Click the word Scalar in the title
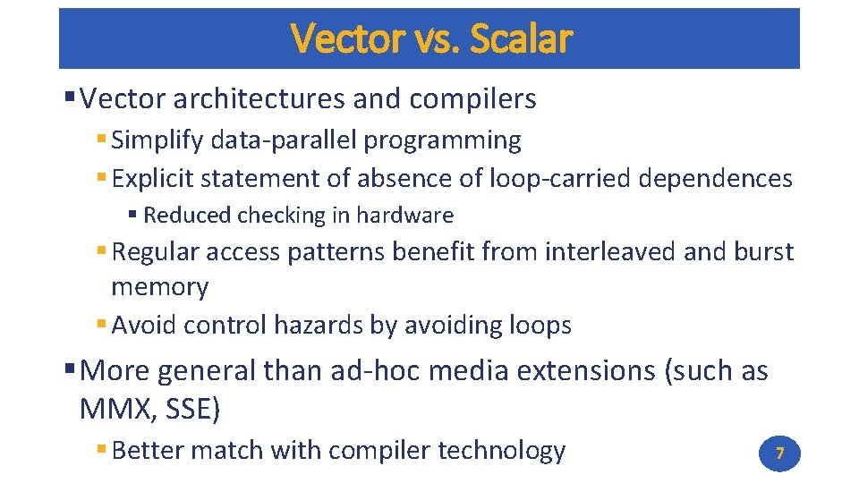coord(520,38)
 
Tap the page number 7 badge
coord(779,454)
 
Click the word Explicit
coord(152,179)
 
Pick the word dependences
coord(716,179)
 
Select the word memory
coord(159,288)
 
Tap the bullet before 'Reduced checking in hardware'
coord(132,216)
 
